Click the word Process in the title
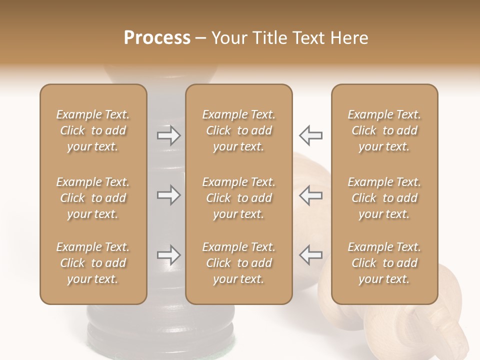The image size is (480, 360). (x=157, y=38)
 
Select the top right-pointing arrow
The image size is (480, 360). (x=168, y=135)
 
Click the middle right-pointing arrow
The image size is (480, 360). (x=168, y=195)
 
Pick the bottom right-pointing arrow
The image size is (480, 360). (x=168, y=255)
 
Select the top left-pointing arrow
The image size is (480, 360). (x=311, y=135)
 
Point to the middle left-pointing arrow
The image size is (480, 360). (x=311, y=195)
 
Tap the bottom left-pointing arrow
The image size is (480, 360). (x=311, y=255)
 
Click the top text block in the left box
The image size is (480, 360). (x=93, y=130)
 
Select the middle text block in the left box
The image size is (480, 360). (x=93, y=198)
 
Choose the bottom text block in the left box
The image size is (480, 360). (x=93, y=263)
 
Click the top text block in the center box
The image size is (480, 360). (x=239, y=130)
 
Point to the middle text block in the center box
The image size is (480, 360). (x=239, y=198)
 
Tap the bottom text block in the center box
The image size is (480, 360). (x=239, y=263)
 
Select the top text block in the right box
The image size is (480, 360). (x=384, y=130)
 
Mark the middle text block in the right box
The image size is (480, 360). (x=384, y=198)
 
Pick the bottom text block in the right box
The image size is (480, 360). (x=384, y=263)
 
